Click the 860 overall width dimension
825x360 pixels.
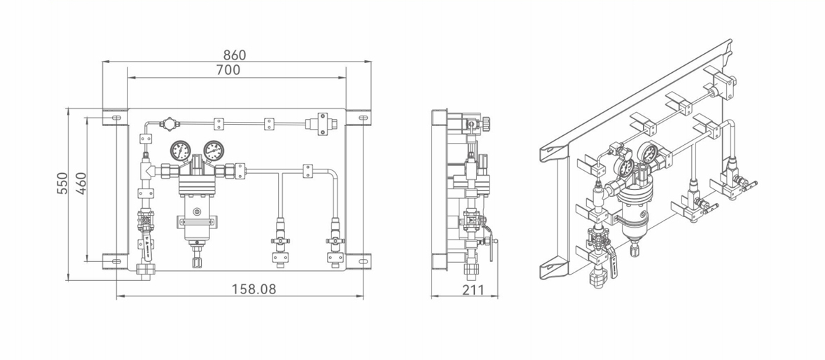(x=235, y=55)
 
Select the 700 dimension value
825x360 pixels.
(x=228, y=69)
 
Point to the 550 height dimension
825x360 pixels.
(x=62, y=183)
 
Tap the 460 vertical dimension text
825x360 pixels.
(x=81, y=183)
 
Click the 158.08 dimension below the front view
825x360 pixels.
(x=254, y=289)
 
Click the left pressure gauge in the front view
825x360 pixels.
(x=180, y=151)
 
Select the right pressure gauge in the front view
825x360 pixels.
(x=214, y=151)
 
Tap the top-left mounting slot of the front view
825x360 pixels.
(x=116, y=118)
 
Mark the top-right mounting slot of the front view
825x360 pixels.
(x=363, y=118)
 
